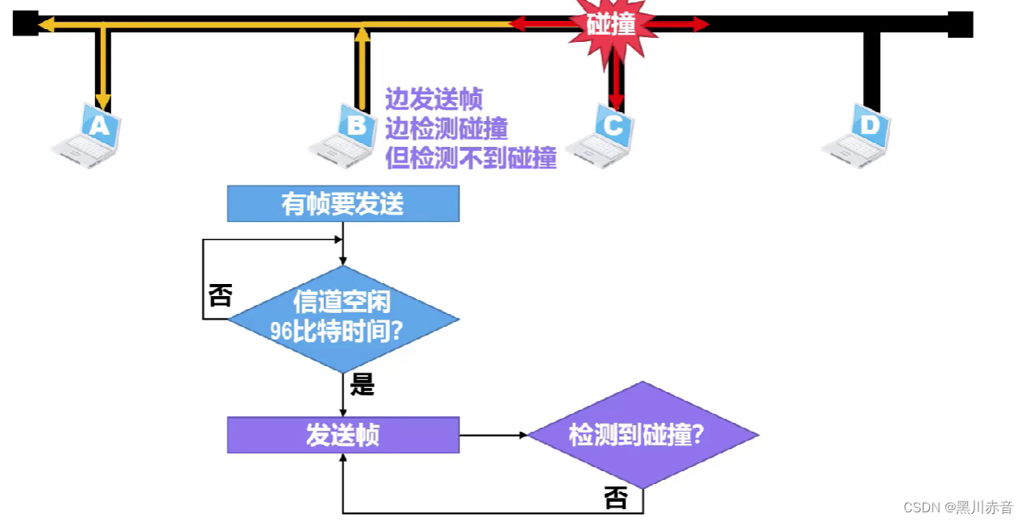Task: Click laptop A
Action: pos(88,135)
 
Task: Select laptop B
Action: pos(344,135)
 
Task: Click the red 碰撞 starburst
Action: pos(610,25)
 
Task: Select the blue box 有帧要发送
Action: pos(343,203)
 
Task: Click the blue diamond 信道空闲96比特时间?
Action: pos(343,319)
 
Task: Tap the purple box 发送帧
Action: pos(343,436)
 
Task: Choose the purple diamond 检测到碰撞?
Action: pos(642,436)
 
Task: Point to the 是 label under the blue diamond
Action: pos(363,386)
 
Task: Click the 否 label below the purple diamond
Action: pos(616,499)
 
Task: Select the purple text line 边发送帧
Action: pos(433,99)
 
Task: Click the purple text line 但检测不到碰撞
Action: pos(471,159)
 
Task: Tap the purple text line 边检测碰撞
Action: pos(446,129)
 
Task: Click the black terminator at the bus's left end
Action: pos(25,23)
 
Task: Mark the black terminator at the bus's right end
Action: pos(960,24)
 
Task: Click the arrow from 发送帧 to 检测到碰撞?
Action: pos(493,436)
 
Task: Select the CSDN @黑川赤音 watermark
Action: pos(957,507)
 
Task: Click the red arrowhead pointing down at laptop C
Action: pos(616,102)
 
